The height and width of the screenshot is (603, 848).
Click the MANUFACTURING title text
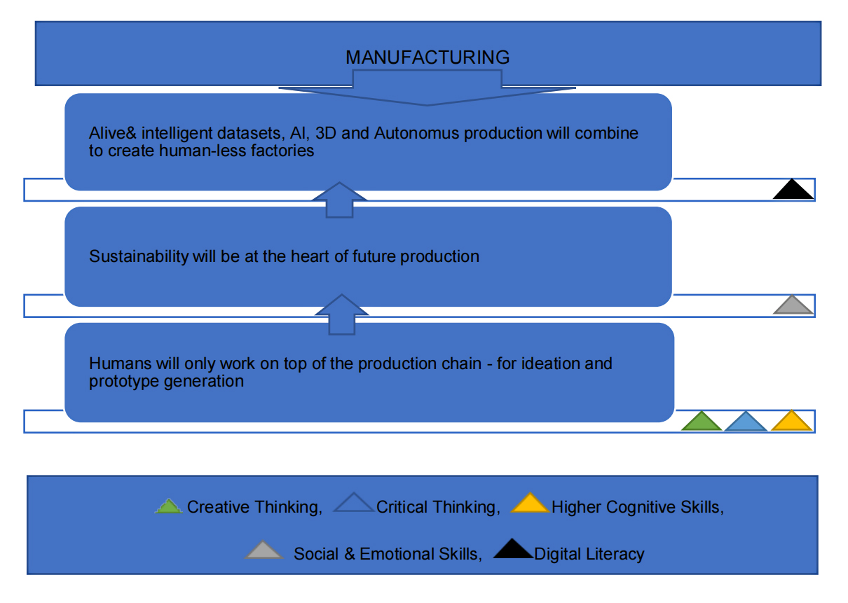tap(428, 57)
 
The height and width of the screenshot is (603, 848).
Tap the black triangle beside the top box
tap(793, 190)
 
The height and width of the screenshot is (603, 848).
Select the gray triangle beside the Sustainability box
tap(793, 305)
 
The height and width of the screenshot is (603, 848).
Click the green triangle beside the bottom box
tap(702, 422)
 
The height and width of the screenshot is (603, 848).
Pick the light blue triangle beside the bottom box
tap(746, 422)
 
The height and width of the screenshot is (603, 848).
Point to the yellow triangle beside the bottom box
tap(791, 422)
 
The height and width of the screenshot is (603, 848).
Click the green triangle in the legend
tap(169, 506)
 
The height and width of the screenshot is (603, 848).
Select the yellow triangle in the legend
tap(530, 504)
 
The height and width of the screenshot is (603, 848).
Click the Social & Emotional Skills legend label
tap(387, 554)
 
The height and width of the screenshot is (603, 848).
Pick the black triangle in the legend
tap(513, 551)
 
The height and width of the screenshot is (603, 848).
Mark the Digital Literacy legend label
tap(589, 554)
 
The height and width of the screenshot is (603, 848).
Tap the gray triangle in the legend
tap(265, 551)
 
